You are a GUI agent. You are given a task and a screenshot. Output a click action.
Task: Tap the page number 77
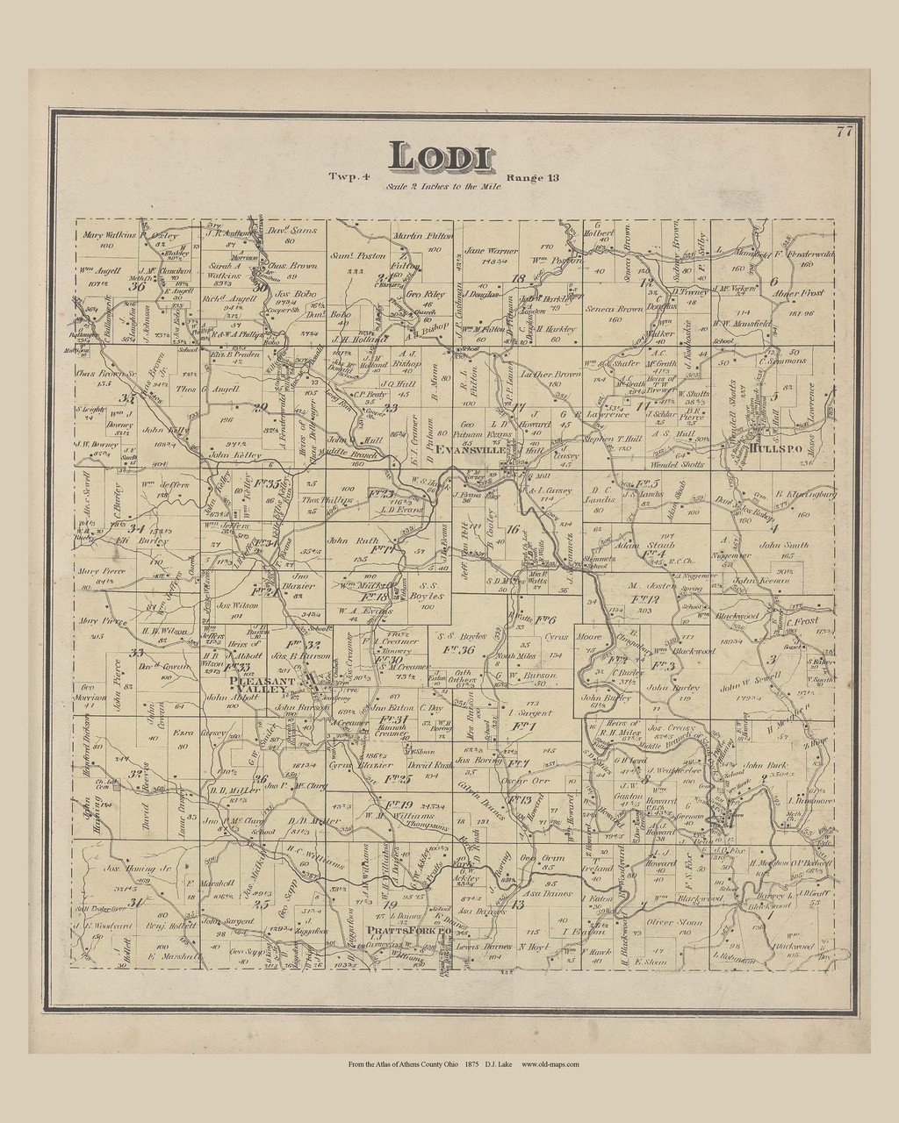845,132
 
